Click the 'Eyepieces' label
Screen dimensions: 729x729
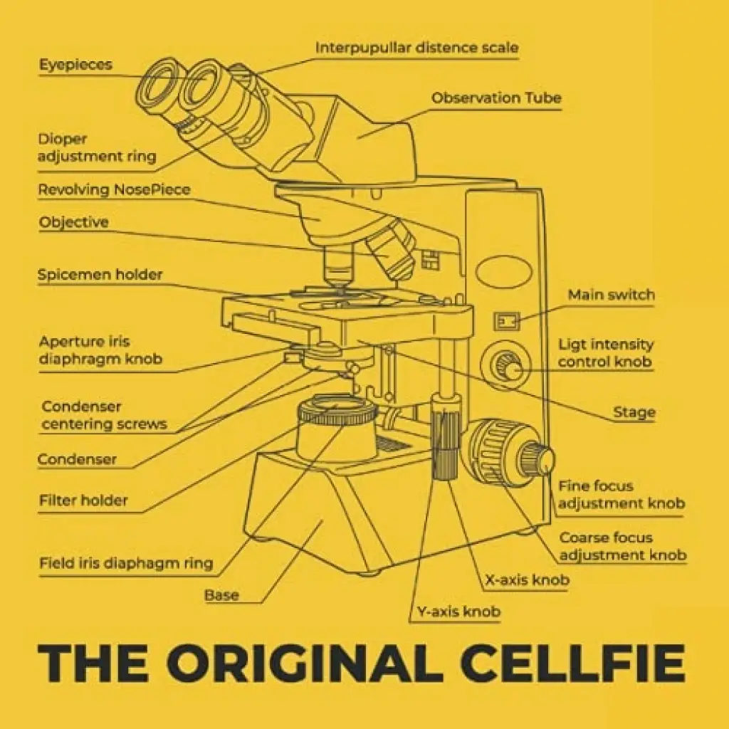(75, 64)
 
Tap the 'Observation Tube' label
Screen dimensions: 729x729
(496, 98)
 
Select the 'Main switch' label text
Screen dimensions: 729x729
(612, 294)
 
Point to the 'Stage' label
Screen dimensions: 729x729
(634, 412)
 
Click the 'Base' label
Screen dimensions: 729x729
(221, 595)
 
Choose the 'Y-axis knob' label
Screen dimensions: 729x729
(458, 612)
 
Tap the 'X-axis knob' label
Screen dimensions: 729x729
(528, 579)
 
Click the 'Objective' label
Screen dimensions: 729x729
(73, 222)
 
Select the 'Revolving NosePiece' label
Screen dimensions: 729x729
(114, 189)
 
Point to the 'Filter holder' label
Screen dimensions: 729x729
(83, 500)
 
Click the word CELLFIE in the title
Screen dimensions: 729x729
(573, 662)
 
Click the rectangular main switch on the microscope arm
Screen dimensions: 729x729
(506, 321)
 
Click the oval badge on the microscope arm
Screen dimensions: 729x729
(503, 271)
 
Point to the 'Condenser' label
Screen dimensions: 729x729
(77, 459)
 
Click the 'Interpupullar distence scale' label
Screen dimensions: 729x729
(417, 48)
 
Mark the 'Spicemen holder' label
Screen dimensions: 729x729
(100, 274)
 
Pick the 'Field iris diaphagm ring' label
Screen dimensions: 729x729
(126, 563)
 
